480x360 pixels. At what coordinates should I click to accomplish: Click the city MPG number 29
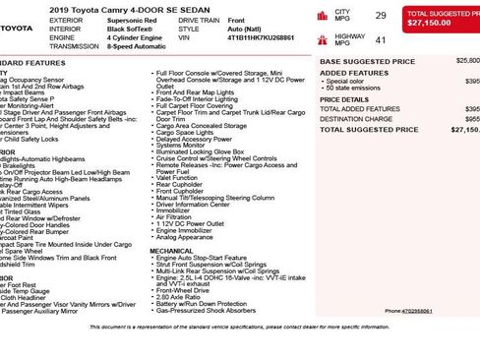(381, 16)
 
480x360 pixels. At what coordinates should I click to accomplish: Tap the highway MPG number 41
(381, 40)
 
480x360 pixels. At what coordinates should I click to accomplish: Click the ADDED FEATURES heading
(347, 73)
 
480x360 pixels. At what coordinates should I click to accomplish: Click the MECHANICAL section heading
(171, 251)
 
